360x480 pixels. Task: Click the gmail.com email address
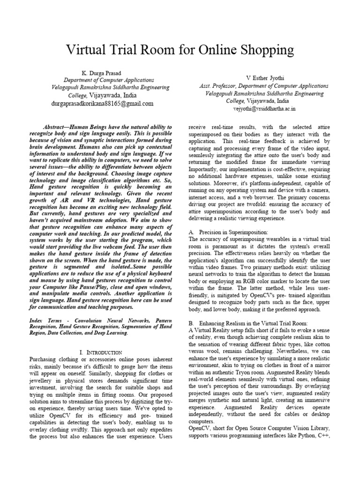[x=102, y=104]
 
